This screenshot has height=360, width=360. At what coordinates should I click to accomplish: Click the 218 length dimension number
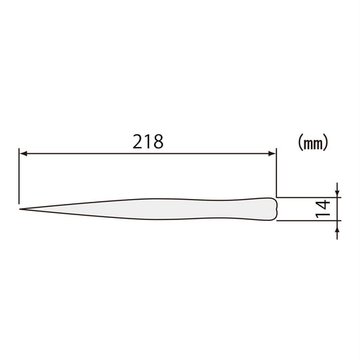[x=148, y=141]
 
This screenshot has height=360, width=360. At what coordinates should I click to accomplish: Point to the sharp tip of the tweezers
[x=20, y=209]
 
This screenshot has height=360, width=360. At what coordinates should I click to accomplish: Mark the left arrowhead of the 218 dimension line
[x=22, y=153]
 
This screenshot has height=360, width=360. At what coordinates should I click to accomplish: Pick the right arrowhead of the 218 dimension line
[x=271, y=153]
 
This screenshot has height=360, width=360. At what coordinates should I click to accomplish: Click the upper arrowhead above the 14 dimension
[x=337, y=193]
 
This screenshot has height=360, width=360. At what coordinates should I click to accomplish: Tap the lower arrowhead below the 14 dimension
[x=337, y=224]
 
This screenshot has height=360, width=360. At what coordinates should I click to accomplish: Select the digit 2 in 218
[x=139, y=141]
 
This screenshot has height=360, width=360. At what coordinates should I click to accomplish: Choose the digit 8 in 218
[x=158, y=141]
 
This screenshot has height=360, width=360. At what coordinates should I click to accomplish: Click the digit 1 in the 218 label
[x=148, y=141]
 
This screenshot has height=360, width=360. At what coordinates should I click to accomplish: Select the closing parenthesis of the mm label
[x=328, y=142]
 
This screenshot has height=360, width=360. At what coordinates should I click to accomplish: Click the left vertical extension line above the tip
[x=19, y=176]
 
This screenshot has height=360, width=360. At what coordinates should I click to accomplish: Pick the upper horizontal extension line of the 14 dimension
[x=309, y=197]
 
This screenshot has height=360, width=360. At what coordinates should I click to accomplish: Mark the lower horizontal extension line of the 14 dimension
[x=309, y=220]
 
